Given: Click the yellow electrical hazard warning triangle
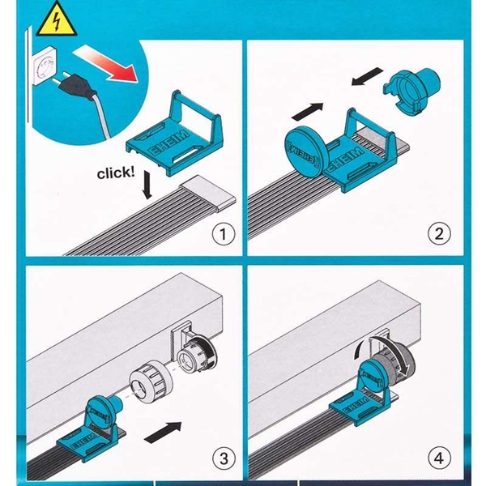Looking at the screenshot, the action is (56, 20).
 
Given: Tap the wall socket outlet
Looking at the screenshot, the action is (45, 66).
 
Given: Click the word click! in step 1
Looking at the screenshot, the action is (116, 173).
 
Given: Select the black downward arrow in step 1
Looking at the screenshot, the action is (147, 185).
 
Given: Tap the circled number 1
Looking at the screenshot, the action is (224, 234).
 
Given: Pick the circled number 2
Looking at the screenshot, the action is (439, 234).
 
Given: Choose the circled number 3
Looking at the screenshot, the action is (224, 458).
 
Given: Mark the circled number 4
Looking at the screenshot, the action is (439, 458).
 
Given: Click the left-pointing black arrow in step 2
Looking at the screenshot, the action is (368, 76).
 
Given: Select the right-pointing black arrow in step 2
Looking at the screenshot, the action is (308, 112).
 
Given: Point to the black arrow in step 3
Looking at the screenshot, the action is (163, 432).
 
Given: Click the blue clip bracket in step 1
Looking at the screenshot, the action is (174, 135).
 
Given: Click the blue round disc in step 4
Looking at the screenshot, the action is (373, 375).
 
